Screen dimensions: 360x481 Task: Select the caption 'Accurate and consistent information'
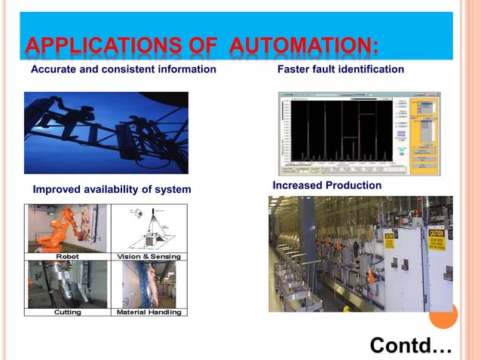[x=123, y=69]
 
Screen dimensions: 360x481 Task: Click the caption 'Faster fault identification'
[x=341, y=69]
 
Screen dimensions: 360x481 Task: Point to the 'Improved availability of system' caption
[x=112, y=188]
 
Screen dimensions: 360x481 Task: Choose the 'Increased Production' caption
[x=326, y=185]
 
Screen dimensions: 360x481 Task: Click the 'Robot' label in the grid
[x=67, y=256]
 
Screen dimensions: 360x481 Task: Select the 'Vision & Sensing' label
[x=149, y=256]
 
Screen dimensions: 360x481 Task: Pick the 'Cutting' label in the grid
[x=67, y=311]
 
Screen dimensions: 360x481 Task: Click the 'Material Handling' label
[x=149, y=311]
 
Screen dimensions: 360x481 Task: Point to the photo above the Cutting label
[x=67, y=284]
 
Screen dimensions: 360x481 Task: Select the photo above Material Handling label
[x=149, y=284]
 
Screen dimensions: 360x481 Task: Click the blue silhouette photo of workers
[x=106, y=133]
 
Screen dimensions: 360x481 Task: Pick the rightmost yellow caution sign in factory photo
[x=437, y=239]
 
